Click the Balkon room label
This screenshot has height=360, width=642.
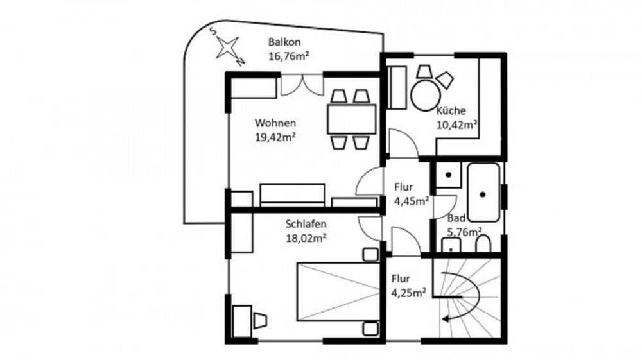[x=284, y=42]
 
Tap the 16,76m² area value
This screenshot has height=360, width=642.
[x=289, y=56]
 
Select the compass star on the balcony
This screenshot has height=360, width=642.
[x=228, y=47]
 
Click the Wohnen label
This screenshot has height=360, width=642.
[x=275, y=123]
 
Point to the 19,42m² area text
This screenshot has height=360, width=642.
[x=275, y=137]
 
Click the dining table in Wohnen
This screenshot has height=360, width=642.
[x=352, y=119]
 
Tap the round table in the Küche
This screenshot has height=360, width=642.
[x=426, y=96]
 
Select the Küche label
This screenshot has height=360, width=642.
[x=451, y=110]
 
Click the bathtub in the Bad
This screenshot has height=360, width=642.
[x=483, y=193]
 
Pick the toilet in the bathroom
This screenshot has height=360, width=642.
[x=483, y=244]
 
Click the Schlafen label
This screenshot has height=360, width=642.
[x=306, y=224]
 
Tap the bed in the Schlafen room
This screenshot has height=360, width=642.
[x=338, y=292]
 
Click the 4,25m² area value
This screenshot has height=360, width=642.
[x=408, y=293]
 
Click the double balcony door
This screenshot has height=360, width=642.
[x=302, y=85]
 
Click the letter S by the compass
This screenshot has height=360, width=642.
[x=213, y=31]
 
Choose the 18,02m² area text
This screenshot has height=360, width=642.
[x=306, y=238]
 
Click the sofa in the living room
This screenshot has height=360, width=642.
[x=293, y=195]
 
